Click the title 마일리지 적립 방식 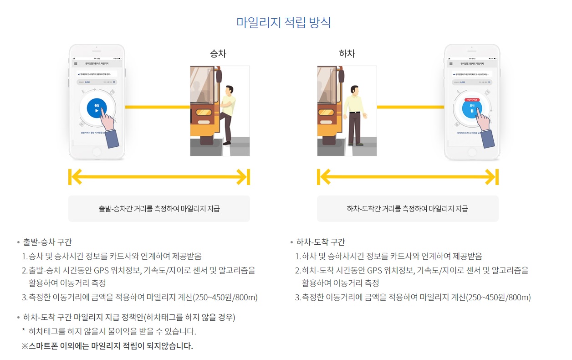[x=283, y=22]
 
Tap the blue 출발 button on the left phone [x=97, y=108]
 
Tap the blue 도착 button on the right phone [x=472, y=108]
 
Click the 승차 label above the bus [x=218, y=54]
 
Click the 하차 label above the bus [x=347, y=54]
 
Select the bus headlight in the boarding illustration [x=203, y=113]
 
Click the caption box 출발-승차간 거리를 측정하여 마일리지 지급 [x=159, y=209]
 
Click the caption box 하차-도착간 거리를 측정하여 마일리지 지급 [x=407, y=209]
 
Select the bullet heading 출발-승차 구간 [x=47, y=242]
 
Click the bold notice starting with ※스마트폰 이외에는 [x=107, y=346]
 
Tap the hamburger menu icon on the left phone [x=76, y=64]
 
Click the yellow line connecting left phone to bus [x=157, y=107]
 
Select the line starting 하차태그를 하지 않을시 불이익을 [x=112, y=331]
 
